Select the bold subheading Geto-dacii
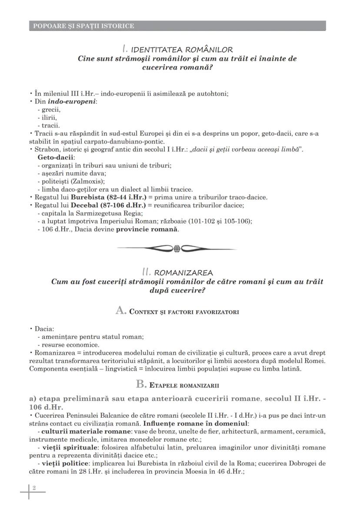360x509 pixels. click(56, 157)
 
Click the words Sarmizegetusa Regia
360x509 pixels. click(108, 213)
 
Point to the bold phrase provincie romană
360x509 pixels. click(147, 229)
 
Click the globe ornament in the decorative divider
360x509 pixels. click(177, 249)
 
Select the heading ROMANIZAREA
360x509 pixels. click(183, 273)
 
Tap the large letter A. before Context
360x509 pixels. click(120, 310)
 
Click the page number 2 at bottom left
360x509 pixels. click(33, 488)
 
